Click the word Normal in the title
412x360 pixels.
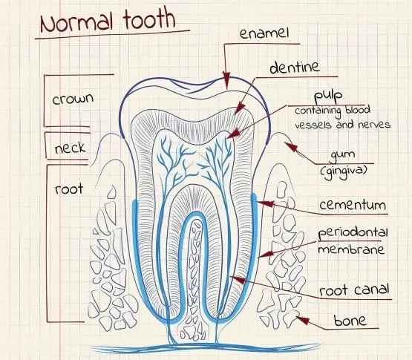[x=77, y=23]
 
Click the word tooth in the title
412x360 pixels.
[x=149, y=19]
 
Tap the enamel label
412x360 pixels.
[x=264, y=33]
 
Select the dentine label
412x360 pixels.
[x=295, y=68]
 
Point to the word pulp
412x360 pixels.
[x=328, y=96]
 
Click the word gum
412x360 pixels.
[x=342, y=155]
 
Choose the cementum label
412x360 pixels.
[x=353, y=205]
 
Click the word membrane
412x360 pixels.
[x=351, y=249]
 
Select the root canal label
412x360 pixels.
[x=354, y=290]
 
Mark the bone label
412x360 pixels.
[x=350, y=321]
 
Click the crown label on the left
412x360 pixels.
[x=73, y=99]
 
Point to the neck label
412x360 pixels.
[x=71, y=148]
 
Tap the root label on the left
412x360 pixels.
[x=69, y=189]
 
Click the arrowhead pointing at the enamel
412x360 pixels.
[x=226, y=79]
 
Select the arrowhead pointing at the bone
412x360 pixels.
[x=302, y=320]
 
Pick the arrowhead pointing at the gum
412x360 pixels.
[x=291, y=147]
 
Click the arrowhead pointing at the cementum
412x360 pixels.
[x=265, y=204]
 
